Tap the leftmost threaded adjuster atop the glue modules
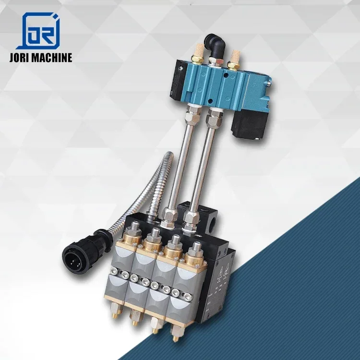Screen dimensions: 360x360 point(133,228)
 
